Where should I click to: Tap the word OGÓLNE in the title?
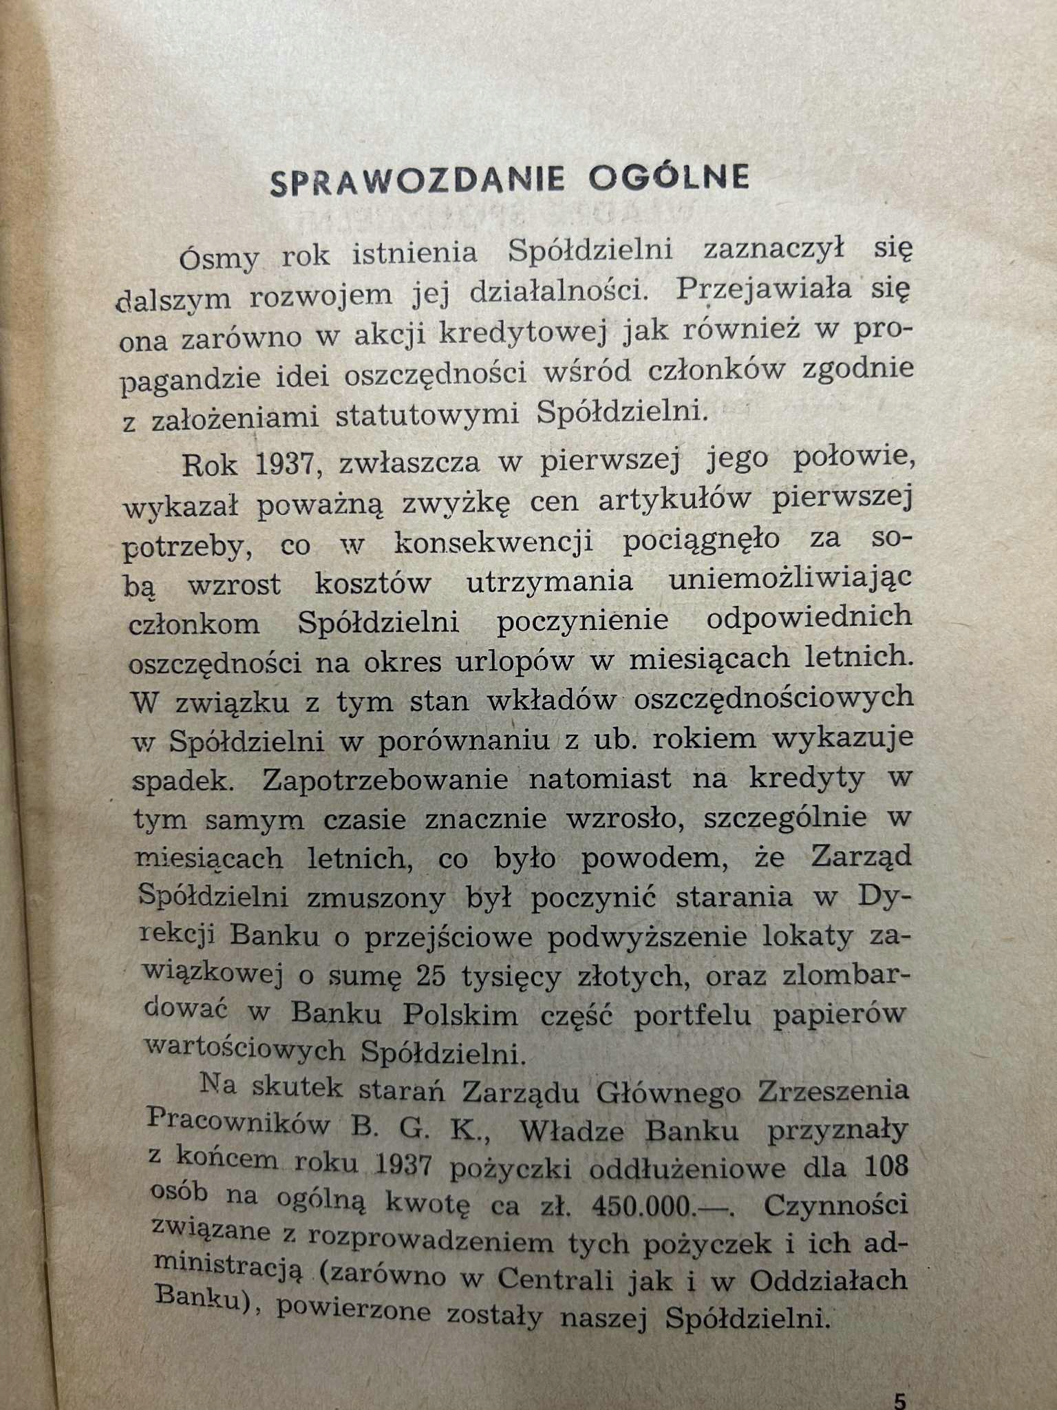669,178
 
